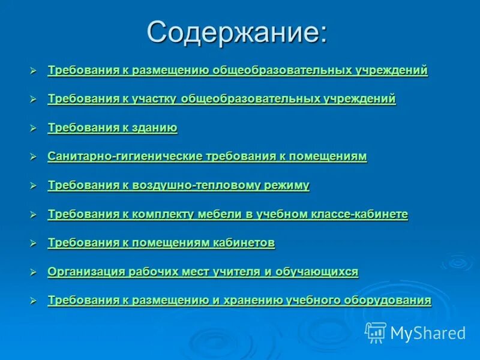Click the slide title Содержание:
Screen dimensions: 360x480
(x=238, y=32)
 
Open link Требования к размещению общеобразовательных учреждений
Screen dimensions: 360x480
(x=238, y=70)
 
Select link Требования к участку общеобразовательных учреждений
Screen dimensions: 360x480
(x=221, y=99)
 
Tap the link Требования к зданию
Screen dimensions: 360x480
(x=112, y=128)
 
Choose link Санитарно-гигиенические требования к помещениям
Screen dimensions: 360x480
(x=207, y=157)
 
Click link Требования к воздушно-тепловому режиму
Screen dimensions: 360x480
(x=178, y=185)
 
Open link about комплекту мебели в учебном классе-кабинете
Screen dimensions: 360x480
(x=227, y=214)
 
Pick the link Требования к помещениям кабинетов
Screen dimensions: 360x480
(x=161, y=243)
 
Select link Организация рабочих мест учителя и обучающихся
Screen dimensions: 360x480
(x=203, y=272)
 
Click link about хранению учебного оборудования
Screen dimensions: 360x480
(x=239, y=301)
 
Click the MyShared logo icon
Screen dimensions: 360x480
(x=376, y=332)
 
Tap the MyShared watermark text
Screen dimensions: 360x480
(x=428, y=333)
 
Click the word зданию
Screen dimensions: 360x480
(x=156, y=128)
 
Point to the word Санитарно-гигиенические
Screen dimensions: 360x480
(x=125, y=157)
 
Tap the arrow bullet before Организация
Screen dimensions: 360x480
(x=34, y=272)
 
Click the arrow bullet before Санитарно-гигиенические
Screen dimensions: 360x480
(x=34, y=157)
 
